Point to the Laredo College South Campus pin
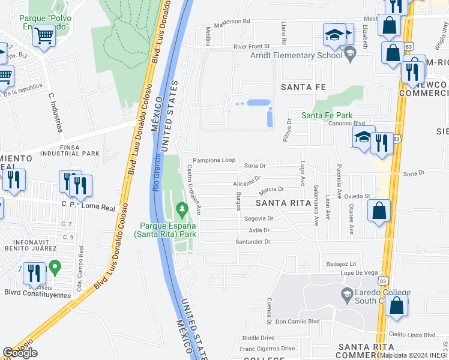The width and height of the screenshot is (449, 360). [346, 294]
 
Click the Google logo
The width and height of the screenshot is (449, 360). [20, 353]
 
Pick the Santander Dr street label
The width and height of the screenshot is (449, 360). [253, 242]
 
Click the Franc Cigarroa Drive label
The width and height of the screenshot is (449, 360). [267, 348]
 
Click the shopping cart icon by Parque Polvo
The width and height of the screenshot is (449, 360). [43, 35]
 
